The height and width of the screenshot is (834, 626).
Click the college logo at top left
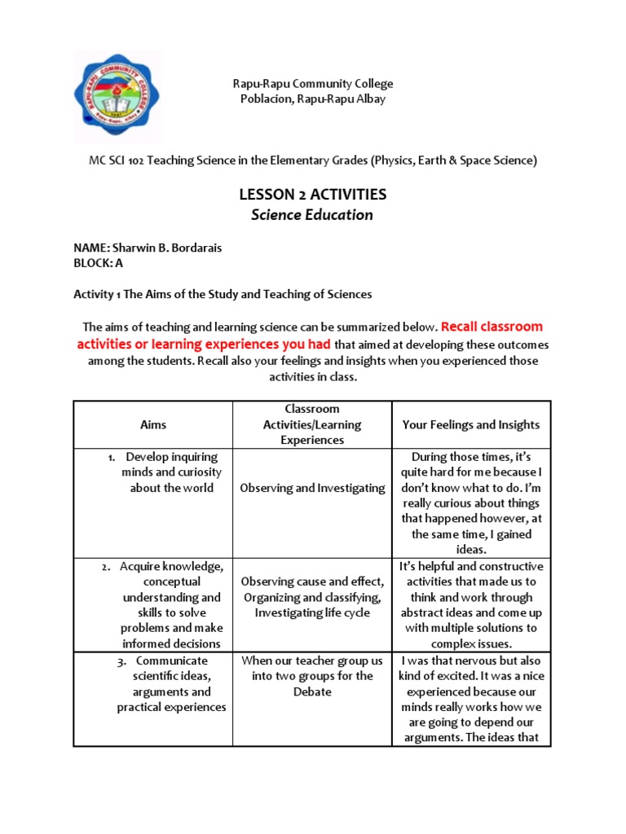(x=117, y=97)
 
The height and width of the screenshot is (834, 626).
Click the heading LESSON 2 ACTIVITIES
(x=312, y=195)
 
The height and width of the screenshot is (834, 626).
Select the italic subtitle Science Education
(x=312, y=215)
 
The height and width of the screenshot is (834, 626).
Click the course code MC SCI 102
(x=121, y=160)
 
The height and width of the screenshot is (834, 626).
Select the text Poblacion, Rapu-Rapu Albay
(x=312, y=99)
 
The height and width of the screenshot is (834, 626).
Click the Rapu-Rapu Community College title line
(x=312, y=83)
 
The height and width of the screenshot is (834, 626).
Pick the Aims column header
(x=152, y=424)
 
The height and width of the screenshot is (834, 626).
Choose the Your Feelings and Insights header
(x=471, y=424)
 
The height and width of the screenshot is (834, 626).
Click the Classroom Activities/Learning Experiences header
(x=312, y=424)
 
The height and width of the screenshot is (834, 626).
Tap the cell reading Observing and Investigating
(x=312, y=488)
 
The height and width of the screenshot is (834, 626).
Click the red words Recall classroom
(x=492, y=327)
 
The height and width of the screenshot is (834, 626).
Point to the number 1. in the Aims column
(x=112, y=457)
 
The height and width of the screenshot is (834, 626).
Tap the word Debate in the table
(x=312, y=691)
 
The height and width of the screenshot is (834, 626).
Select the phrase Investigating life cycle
(x=312, y=612)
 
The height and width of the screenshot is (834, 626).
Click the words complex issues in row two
(x=471, y=643)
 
